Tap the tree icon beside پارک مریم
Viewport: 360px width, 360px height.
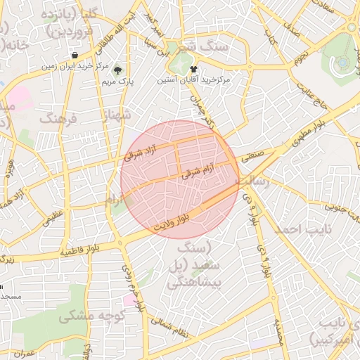(117, 70)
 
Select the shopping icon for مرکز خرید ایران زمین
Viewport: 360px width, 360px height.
(75, 56)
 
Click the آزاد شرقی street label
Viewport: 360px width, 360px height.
(143, 152)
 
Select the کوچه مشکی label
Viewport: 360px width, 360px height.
(77, 316)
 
